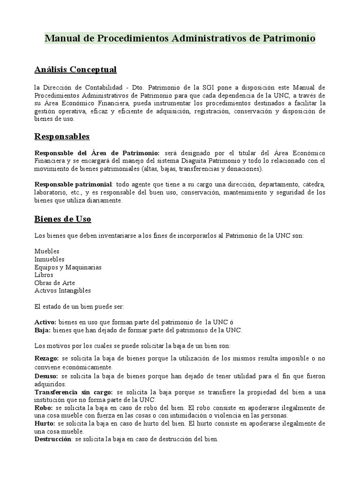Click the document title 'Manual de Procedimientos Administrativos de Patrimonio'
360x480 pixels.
(x=180, y=38)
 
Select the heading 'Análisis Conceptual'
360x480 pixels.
(x=75, y=70)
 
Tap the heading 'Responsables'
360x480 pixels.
(x=62, y=136)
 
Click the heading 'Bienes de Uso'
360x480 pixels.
(x=63, y=219)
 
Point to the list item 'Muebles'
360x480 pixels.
(x=47, y=251)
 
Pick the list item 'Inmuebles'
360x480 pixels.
(x=50, y=259)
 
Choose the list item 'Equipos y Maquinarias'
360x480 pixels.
(x=68, y=267)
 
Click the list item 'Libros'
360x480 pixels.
(x=44, y=275)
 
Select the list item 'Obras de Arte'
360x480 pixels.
(x=55, y=283)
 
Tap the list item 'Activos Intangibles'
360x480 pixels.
(x=62, y=291)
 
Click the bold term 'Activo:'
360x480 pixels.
(x=45, y=322)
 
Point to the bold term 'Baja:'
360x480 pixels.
(x=43, y=330)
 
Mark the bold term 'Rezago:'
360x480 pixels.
(x=47, y=359)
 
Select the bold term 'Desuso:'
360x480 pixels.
(x=47, y=376)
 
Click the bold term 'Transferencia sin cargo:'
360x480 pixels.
(x=74, y=392)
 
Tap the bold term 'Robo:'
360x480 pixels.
(x=43, y=408)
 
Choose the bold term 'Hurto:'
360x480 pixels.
(x=45, y=423)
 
